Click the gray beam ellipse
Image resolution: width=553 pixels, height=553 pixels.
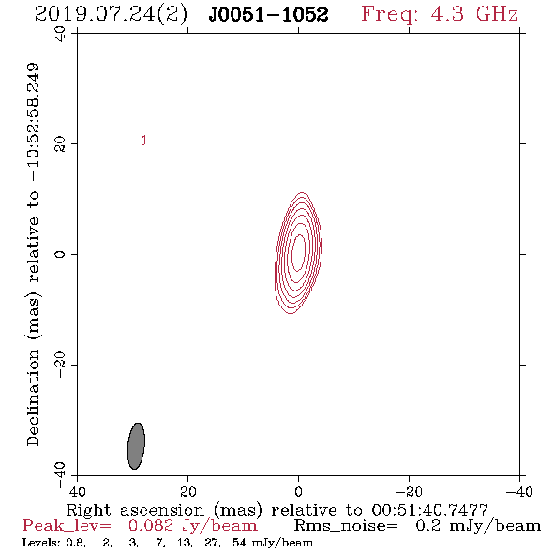point(136,446)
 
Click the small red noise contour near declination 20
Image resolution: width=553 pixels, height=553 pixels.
point(143,141)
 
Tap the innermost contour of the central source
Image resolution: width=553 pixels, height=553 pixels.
point(298,253)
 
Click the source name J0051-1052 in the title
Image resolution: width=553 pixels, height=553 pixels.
point(268,14)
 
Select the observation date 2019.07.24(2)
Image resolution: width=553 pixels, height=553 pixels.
point(111,15)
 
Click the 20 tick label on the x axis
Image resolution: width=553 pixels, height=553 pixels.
point(187,492)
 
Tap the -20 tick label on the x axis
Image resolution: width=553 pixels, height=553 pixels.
point(409,492)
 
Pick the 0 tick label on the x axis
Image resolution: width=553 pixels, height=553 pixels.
point(298,492)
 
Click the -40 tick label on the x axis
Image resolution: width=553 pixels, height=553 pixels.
point(519,492)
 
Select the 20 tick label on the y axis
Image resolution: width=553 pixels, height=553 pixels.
point(60,144)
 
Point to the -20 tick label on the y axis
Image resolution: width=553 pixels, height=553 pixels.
point(60,365)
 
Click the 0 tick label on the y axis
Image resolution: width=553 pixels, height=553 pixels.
point(60,254)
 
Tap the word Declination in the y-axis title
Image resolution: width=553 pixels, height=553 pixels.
point(33,397)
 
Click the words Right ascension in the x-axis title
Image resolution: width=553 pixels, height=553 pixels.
point(135,510)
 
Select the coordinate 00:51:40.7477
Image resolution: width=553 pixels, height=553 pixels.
point(430,510)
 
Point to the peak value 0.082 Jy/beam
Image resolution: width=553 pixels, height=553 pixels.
point(192,526)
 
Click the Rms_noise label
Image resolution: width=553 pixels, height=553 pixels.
point(346,526)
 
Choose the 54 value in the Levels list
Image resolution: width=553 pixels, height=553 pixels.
point(239,543)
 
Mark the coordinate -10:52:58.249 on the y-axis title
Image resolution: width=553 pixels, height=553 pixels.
point(33,122)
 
